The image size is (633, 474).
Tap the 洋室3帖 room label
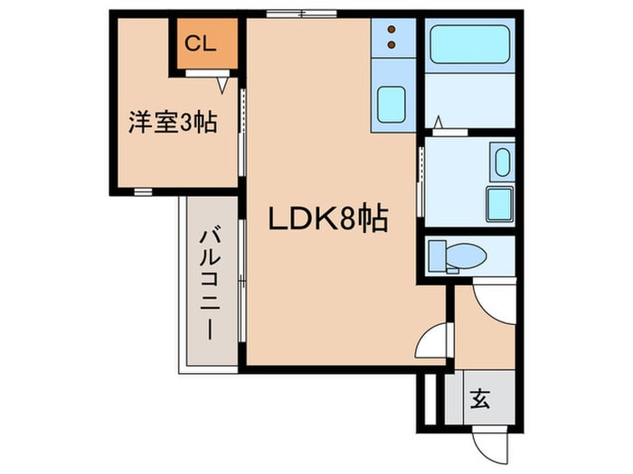[x=172, y=123]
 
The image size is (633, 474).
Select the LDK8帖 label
[x=328, y=218]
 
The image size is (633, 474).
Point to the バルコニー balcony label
[x=210, y=285]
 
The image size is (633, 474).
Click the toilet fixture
[x=458, y=256]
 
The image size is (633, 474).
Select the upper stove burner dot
[x=392, y=29]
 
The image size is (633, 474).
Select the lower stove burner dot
[x=392, y=42]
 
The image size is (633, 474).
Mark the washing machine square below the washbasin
[x=500, y=200]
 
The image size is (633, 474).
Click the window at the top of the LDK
[x=300, y=14]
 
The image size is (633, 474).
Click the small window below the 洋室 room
[x=143, y=191]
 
